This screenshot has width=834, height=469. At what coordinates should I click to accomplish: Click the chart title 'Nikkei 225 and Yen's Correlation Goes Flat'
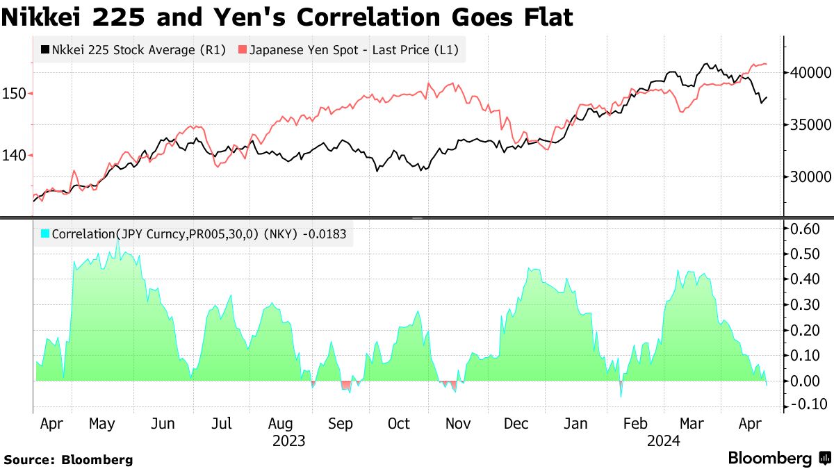[287, 17]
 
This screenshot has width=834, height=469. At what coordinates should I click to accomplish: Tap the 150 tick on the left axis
[15, 93]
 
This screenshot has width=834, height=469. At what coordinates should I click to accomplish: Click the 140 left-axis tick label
[15, 156]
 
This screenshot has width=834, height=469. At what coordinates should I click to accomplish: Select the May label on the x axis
[102, 424]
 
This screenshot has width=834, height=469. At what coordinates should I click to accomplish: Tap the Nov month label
[457, 424]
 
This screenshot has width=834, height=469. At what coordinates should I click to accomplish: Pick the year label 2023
[288, 441]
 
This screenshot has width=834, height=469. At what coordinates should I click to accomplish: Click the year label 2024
[664, 441]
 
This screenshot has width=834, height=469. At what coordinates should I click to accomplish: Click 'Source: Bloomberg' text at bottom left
[68, 459]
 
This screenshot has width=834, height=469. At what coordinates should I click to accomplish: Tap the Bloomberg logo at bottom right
[779, 458]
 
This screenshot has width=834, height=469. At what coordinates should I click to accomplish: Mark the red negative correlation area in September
[345, 385]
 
